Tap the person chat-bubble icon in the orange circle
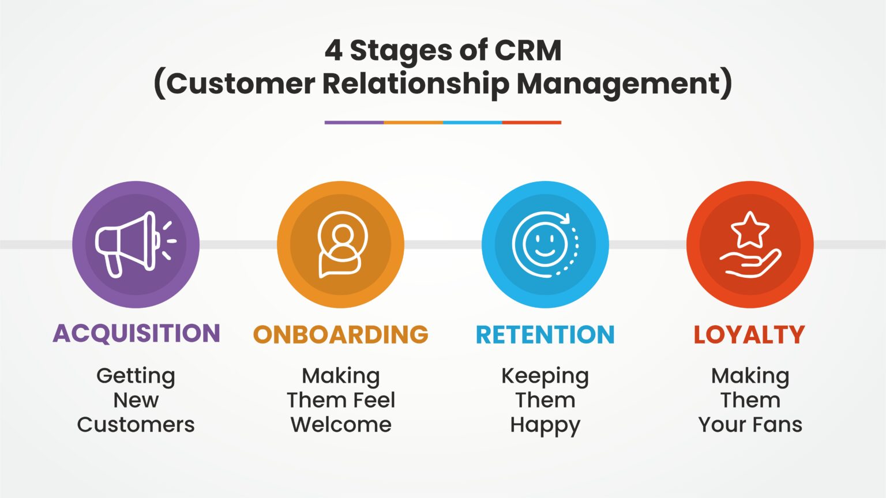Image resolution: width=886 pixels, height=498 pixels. pyautogui.click(x=341, y=244)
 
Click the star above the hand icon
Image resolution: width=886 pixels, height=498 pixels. pyautogui.click(x=750, y=229)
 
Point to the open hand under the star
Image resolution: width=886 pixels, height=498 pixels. pyautogui.click(x=750, y=265)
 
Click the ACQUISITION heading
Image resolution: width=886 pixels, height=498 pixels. pyautogui.click(x=136, y=334)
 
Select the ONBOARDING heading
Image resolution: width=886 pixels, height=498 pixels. pyautogui.click(x=340, y=335)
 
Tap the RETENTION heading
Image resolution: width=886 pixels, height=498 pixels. pyautogui.click(x=545, y=335)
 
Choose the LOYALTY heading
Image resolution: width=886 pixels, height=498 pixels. pyautogui.click(x=749, y=335)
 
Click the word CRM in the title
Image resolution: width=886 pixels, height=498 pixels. pyautogui.click(x=528, y=50)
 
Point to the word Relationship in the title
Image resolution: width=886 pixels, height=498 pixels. pyautogui.click(x=416, y=84)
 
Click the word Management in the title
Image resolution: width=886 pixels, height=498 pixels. pyautogui.click(x=618, y=84)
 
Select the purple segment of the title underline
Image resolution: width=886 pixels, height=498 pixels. pyautogui.click(x=354, y=122)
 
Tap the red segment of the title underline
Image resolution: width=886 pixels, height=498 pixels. pyautogui.click(x=531, y=122)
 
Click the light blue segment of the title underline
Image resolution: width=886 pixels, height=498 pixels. pyautogui.click(x=472, y=122)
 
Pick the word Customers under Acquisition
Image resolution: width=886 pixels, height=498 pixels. pyautogui.click(x=136, y=425)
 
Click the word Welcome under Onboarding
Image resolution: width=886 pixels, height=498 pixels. pyautogui.click(x=341, y=425)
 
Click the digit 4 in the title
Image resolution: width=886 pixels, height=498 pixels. pyautogui.click(x=333, y=50)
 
